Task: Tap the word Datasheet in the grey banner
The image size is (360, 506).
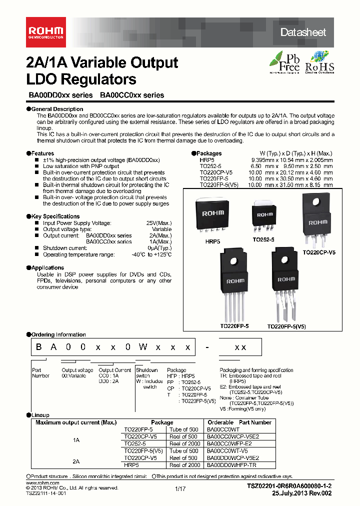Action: click(x=303, y=32)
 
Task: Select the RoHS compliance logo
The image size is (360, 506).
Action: click(x=319, y=62)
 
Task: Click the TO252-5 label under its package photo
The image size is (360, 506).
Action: click(x=264, y=240)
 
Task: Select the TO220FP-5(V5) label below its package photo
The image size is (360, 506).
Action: click(x=286, y=326)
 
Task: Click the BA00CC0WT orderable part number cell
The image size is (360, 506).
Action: click(x=223, y=429)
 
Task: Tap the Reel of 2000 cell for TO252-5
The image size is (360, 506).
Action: click(x=185, y=443)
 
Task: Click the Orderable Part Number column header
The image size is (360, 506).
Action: click(x=239, y=422)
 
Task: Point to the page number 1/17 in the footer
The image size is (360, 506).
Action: click(x=180, y=488)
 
